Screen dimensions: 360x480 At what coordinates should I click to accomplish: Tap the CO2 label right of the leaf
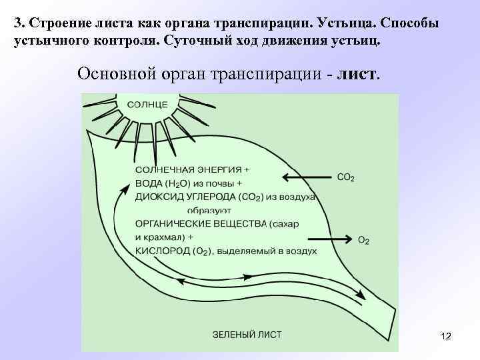(x=346, y=177)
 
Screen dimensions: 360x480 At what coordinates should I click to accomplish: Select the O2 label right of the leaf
(x=363, y=240)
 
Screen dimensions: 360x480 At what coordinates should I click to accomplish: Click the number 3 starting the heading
(x=17, y=23)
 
